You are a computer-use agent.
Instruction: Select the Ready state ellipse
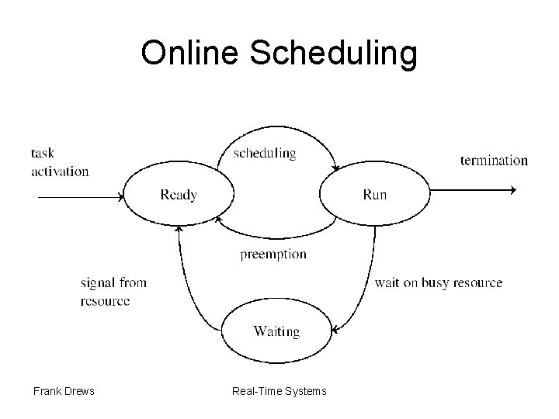pos(179,195)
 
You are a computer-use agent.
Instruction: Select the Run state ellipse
pos(374,195)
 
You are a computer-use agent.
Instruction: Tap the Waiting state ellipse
pos(276,331)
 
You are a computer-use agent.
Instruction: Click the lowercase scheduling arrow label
pos(265,153)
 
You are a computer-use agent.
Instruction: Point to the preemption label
pos(273,254)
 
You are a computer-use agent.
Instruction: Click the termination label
pos(494,161)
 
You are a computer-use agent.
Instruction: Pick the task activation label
pos(60,161)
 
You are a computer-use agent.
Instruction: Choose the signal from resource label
pos(113,291)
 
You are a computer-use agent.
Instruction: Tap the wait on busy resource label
pos(439,282)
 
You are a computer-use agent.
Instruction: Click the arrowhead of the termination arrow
pos(512,189)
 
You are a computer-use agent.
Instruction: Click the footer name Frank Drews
pos(64,391)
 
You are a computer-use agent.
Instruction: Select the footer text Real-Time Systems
pos(279,391)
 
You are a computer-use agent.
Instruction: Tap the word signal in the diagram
pos(97,282)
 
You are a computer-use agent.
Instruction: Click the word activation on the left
pos(60,171)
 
